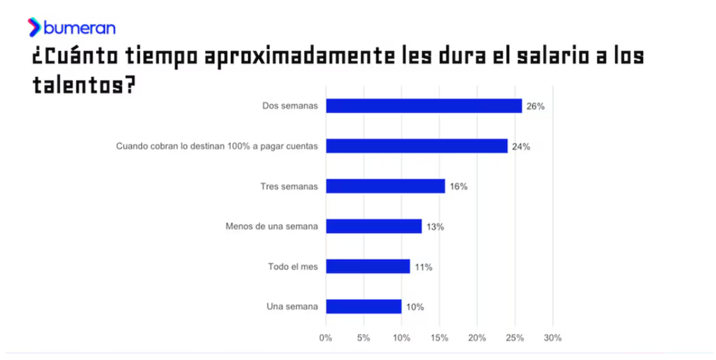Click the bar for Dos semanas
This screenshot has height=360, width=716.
pyautogui.click(x=424, y=106)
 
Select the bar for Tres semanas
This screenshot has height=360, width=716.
pyautogui.click(x=385, y=186)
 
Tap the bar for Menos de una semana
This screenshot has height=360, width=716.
pyautogui.click(x=374, y=226)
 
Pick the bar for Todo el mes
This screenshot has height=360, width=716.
pyautogui.click(x=368, y=266)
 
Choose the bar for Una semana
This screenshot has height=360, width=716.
pyautogui.click(x=364, y=306)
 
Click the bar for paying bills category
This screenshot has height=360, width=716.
pyautogui.click(x=416, y=146)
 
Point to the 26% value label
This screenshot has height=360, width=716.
pyautogui.click(x=536, y=107)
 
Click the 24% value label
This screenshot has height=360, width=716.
pyautogui.click(x=521, y=147)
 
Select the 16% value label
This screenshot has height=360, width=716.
pyautogui.click(x=458, y=187)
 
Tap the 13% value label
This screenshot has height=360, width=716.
pyautogui.click(x=436, y=227)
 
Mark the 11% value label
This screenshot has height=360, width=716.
pyautogui.click(x=424, y=267)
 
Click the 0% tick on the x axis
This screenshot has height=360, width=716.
pyautogui.click(x=326, y=338)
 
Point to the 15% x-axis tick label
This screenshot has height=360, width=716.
pyautogui.click(x=439, y=338)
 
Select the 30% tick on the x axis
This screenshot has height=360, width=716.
pyautogui.click(x=553, y=338)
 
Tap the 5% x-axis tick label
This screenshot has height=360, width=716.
pyautogui.click(x=363, y=338)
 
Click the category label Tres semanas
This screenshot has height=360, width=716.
pyautogui.click(x=289, y=186)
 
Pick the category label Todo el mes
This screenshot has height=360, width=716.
pyautogui.click(x=292, y=266)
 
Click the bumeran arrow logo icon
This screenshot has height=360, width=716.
pyautogui.click(x=34, y=27)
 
